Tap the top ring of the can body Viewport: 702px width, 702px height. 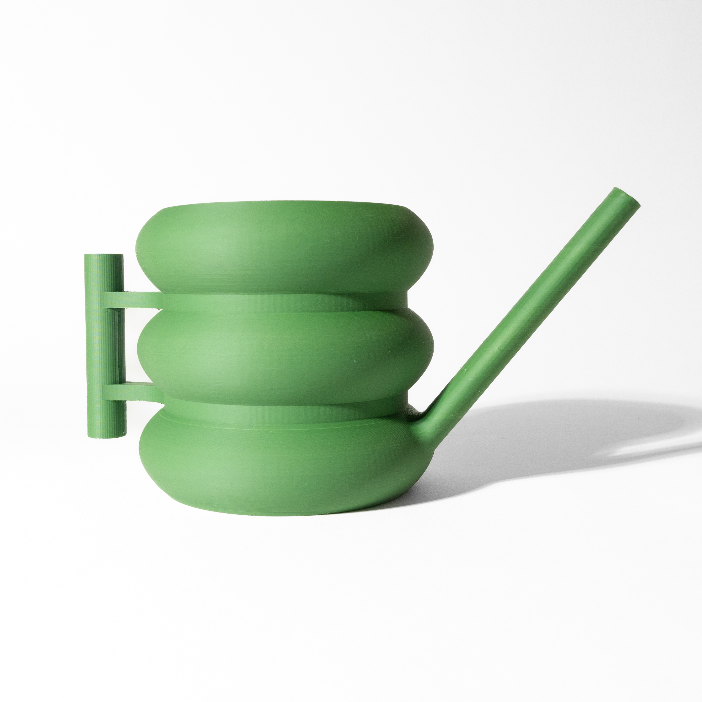(x=283, y=251)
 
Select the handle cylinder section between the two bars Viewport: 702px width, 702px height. (x=103, y=345)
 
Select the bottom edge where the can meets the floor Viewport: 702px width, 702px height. (x=283, y=514)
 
